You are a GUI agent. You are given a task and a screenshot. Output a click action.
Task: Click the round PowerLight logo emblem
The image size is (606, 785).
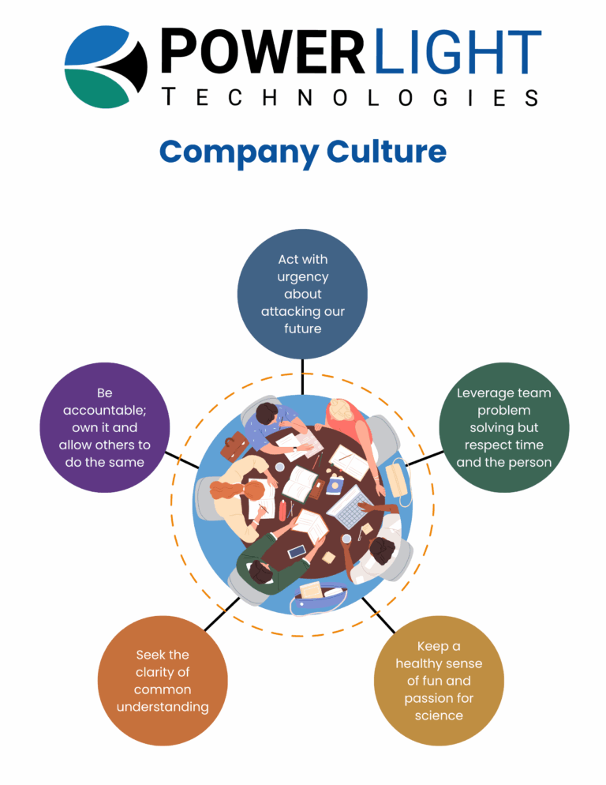pos(106,66)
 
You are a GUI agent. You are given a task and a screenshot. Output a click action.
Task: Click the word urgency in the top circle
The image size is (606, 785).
pos(302,276)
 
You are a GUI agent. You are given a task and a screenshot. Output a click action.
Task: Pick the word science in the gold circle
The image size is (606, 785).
pos(439,716)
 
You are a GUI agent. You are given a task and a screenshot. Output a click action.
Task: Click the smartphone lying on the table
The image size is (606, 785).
pos(297,551)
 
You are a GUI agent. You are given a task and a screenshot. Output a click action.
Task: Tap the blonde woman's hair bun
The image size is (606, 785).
pos(341,410)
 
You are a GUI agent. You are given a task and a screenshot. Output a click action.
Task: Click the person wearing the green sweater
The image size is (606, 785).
pos(260,565)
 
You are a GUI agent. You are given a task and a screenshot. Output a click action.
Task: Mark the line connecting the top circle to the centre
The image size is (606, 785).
pos(302,376)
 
